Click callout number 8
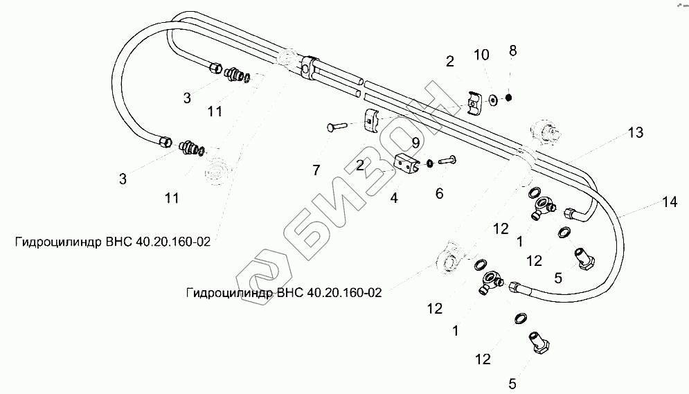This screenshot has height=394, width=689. pyautogui.click(x=512, y=51)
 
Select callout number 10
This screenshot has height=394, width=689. pyautogui.click(x=481, y=53)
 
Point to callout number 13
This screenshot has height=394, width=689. pyautogui.click(x=635, y=132)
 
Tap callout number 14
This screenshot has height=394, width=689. pyautogui.click(x=668, y=202)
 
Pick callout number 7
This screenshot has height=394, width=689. pyautogui.click(x=316, y=169)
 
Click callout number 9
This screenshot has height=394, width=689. pyautogui.click(x=415, y=143)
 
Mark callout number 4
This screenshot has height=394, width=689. pyautogui.click(x=394, y=197)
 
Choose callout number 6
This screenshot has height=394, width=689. pyautogui.click(x=439, y=194)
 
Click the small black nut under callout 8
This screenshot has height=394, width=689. pyautogui.click(x=510, y=98)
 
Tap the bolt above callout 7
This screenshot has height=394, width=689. pyautogui.click(x=339, y=127)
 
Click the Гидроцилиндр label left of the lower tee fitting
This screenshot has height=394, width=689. pyautogui.click(x=284, y=292)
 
